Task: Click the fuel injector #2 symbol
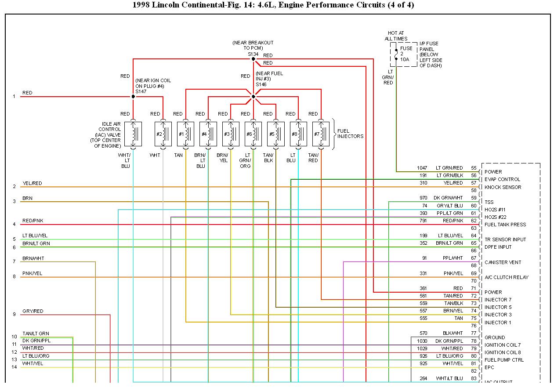point(163,134)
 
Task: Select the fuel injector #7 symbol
point(321,134)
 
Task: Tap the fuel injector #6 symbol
point(253,134)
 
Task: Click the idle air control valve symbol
point(133,134)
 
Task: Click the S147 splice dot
point(133,97)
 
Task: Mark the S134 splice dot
point(253,59)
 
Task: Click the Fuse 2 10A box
point(403,54)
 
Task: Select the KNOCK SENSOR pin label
point(503,187)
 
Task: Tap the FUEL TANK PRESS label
point(505,225)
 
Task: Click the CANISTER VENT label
point(503,262)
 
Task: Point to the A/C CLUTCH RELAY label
point(506,277)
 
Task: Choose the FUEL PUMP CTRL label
point(504,360)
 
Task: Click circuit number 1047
point(423,168)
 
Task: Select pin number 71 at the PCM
point(474,288)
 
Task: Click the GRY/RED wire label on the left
point(33,311)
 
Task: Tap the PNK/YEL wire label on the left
point(33,273)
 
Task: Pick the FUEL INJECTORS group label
point(350,134)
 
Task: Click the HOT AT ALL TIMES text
point(396,36)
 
